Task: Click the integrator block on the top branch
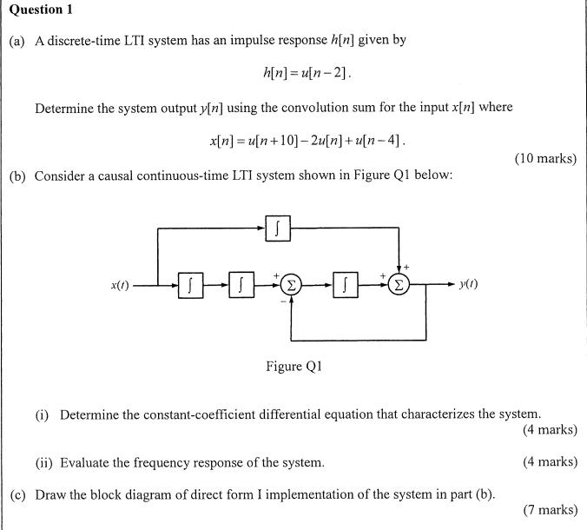277,229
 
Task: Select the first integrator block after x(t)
190,283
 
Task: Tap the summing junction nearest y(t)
399,283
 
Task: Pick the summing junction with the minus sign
292,283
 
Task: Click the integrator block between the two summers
346,283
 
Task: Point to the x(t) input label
120,284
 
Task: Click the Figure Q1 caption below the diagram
293,366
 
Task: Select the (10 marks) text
545,158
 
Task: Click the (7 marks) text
550,510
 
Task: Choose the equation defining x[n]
307,140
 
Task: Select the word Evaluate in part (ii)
87,462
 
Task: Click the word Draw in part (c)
50,494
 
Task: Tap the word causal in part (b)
112,176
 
